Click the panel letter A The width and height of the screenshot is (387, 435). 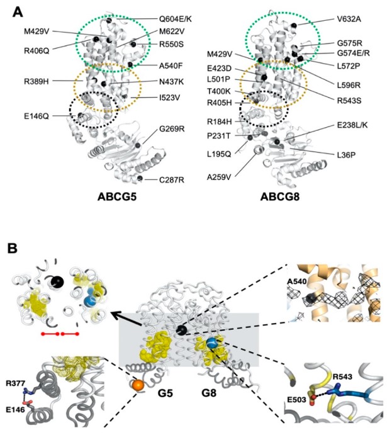[14, 11]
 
